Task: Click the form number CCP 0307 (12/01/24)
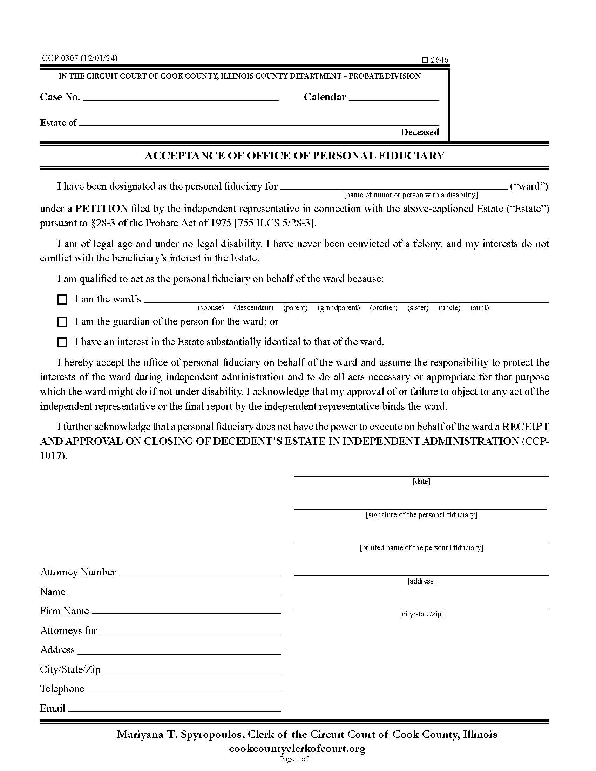click(x=80, y=58)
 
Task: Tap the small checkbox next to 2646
click(x=425, y=60)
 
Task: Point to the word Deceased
click(x=420, y=132)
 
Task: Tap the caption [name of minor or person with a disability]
click(x=411, y=195)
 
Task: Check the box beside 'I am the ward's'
click(x=62, y=300)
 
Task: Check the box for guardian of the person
click(x=62, y=322)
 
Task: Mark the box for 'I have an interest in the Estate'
click(x=62, y=342)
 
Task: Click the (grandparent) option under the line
click(x=339, y=308)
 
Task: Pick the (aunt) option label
click(x=480, y=308)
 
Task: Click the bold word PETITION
click(x=101, y=209)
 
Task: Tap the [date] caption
click(x=421, y=482)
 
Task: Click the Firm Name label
click(x=64, y=611)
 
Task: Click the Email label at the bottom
click(x=53, y=709)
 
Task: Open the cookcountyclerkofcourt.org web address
click(x=297, y=749)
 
